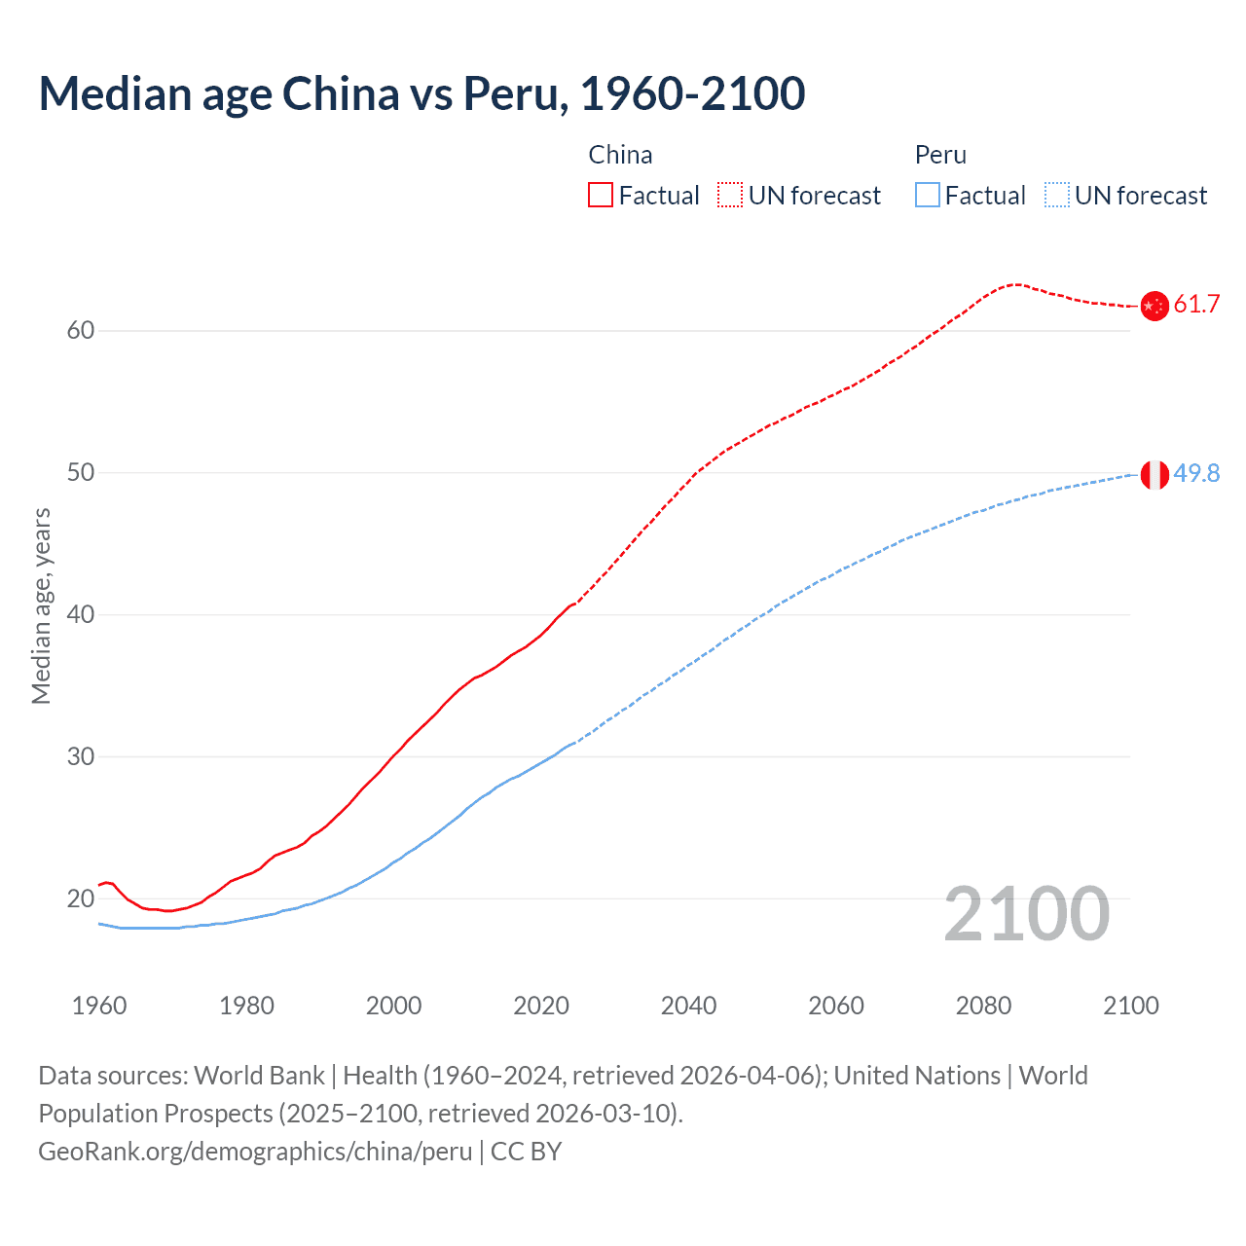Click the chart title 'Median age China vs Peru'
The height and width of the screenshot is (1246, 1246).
(x=421, y=93)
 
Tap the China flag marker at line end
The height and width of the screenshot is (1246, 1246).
(x=1154, y=306)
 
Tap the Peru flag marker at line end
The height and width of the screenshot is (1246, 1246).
(x=1154, y=475)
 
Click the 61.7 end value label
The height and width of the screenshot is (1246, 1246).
(x=1196, y=305)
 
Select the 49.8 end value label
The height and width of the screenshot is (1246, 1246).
(x=1196, y=474)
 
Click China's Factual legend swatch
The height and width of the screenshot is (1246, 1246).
(x=601, y=196)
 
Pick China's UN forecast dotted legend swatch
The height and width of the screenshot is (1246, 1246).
(x=730, y=196)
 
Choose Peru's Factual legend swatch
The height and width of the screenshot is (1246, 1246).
(x=928, y=196)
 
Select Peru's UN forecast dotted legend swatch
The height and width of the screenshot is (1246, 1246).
(x=1057, y=196)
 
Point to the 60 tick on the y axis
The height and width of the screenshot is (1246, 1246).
(x=81, y=331)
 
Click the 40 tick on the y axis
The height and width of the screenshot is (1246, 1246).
(x=81, y=615)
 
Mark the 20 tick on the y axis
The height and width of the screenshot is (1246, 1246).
(x=81, y=899)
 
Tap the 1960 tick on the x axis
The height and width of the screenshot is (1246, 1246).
(x=99, y=1006)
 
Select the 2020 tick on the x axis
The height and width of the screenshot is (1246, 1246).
(x=541, y=1006)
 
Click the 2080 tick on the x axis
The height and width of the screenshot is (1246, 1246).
(x=983, y=1006)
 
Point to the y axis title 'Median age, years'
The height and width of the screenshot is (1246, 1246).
(x=41, y=605)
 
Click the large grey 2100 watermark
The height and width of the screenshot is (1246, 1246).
(x=1026, y=914)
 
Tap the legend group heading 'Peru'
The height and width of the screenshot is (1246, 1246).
(x=940, y=155)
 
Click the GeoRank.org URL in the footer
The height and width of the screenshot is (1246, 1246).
(x=255, y=1152)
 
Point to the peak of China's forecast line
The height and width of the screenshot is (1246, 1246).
(x=1015, y=284)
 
